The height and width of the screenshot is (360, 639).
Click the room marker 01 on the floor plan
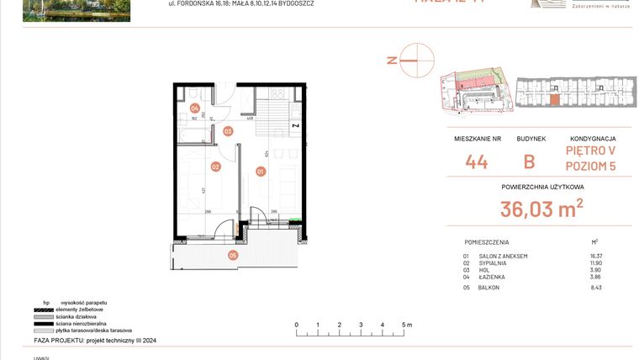(261, 172)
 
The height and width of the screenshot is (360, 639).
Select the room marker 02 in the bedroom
(215, 167)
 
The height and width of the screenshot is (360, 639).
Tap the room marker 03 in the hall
(228, 131)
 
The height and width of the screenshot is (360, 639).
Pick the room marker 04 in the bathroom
(194, 109)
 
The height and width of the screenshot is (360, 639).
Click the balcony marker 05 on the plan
(233, 255)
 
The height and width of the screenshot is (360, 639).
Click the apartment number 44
(477, 162)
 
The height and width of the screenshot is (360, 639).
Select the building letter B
(530, 162)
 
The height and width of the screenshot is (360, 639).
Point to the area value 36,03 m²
(541, 209)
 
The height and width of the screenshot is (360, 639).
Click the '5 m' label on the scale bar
(406, 324)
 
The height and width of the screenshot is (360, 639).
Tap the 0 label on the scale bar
(296, 324)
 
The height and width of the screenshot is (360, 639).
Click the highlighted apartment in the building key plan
(552, 99)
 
